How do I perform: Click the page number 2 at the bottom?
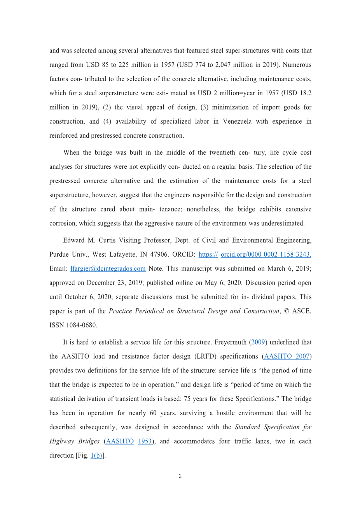[x=180, y=476]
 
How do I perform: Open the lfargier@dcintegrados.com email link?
[x=108, y=269]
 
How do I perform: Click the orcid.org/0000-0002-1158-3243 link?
[x=266, y=255]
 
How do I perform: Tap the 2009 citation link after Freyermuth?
[x=258, y=343]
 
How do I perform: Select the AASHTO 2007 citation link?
[x=287, y=357]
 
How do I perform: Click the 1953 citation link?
[x=145, y=441]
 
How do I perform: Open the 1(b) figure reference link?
[x=96, y=456]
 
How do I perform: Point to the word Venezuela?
[x=238, y=122]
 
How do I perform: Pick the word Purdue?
[x=59, y=255]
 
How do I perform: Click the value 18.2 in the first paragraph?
[x=304, y=93]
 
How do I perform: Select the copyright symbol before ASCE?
[x=287, y=311]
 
